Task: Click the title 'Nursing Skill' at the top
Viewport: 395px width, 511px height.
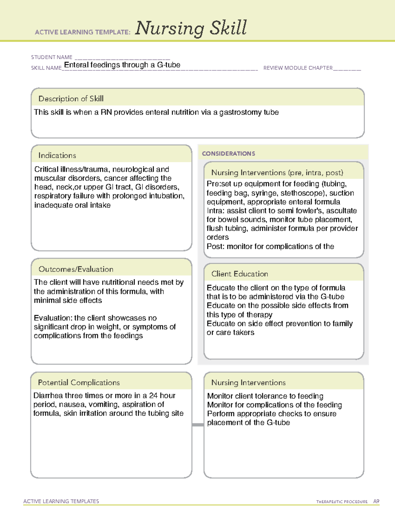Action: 191,28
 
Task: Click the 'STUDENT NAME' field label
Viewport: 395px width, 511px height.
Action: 52,57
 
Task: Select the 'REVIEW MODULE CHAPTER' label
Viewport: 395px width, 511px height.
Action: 298,68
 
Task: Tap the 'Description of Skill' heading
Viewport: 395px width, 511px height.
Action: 71,99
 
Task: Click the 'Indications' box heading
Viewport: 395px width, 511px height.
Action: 57,155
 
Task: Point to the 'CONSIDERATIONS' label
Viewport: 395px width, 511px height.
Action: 228,154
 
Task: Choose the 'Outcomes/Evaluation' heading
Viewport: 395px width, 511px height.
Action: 76,269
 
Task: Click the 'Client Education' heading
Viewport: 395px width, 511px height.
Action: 240,274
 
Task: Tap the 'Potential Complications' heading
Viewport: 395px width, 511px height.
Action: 79,382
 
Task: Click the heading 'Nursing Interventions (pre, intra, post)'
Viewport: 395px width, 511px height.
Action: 277,173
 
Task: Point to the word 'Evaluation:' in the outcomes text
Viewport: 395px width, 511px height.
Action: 53,318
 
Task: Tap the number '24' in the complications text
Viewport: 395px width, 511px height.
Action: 153,396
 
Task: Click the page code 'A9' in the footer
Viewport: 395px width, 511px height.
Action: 376,501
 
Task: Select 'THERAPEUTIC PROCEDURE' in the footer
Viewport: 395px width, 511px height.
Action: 342,502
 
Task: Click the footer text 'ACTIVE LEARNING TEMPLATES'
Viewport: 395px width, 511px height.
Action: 61,501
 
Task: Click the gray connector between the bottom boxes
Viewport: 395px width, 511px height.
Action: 198,425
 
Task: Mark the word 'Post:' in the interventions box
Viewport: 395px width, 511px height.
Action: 216,246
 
